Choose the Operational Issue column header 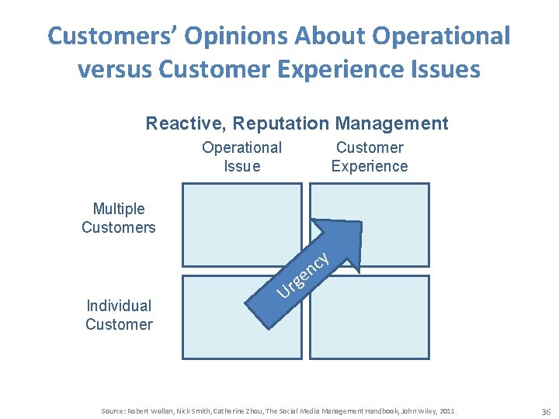click(x=241, y=157)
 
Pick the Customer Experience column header click(x=370, y=157)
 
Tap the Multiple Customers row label click(x=119, y=218)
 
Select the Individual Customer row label click(x=119, y=315)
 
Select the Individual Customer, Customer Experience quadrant click(x=369, y=317)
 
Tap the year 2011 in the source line click(x=448, y=410)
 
